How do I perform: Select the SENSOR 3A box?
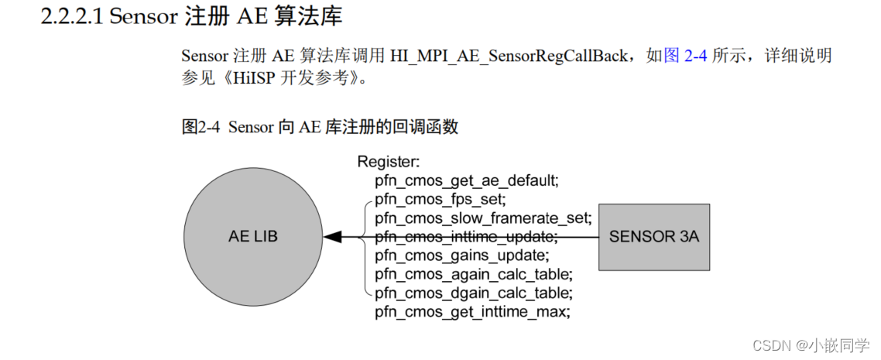654,237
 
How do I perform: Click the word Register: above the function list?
388,163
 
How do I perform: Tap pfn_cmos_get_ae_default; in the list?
466,181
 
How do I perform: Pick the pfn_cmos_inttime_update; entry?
465,237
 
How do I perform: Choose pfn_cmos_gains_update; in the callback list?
461,255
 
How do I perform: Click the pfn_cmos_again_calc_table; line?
473,274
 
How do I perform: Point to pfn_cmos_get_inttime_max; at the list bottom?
472,311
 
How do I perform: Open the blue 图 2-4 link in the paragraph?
685,56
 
